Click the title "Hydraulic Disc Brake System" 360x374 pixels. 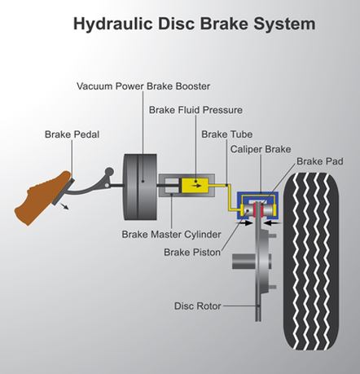coord(195,24)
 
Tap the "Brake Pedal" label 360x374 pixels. coord(72,134)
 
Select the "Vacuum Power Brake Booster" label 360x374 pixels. coord(143,86)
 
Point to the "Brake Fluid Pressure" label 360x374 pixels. coord(195,110)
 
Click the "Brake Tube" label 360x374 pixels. coord(227,134)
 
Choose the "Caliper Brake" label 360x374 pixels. coord(261,149)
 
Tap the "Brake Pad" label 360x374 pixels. coord(320,161)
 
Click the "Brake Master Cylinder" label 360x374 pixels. coord(171,235)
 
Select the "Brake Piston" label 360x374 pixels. coord(192,253)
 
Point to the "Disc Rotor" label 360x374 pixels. coord(198,306)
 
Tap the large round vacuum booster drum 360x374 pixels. coord(140,187)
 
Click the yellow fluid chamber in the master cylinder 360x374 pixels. coord(195,186)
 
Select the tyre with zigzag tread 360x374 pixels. coord(311,262)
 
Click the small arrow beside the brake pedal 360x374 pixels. coord(64,206)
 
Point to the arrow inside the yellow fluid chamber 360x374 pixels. coord(197,186)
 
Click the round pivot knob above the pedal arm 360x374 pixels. coord(109,172)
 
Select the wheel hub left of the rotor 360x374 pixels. coord(244,262)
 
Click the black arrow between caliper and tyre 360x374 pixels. coord(272,223)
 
